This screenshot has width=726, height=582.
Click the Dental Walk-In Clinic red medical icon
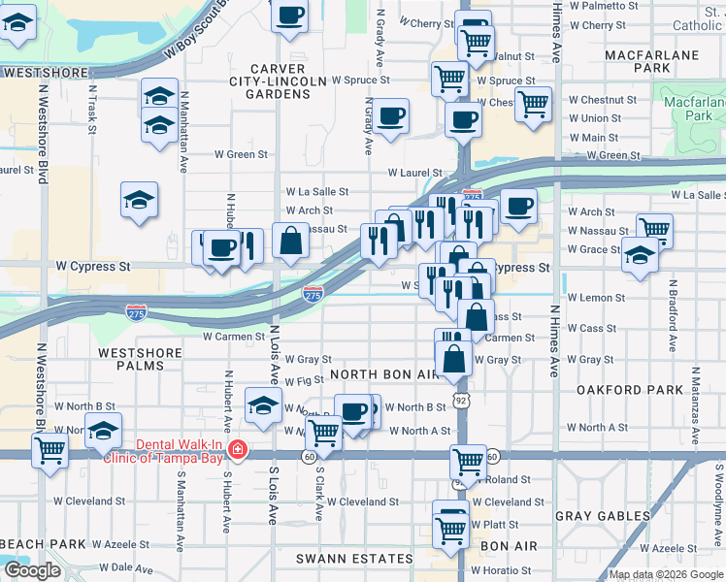237,452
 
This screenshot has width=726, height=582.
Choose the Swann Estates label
355,559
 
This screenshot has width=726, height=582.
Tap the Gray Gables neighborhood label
610,516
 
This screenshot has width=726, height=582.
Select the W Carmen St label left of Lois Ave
233,337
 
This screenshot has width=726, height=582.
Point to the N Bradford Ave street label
671,316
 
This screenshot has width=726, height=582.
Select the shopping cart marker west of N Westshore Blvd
49,449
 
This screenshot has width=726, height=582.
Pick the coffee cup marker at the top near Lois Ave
290,16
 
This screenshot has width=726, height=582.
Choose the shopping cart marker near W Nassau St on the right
655,230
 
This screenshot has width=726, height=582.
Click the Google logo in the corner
32,570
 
